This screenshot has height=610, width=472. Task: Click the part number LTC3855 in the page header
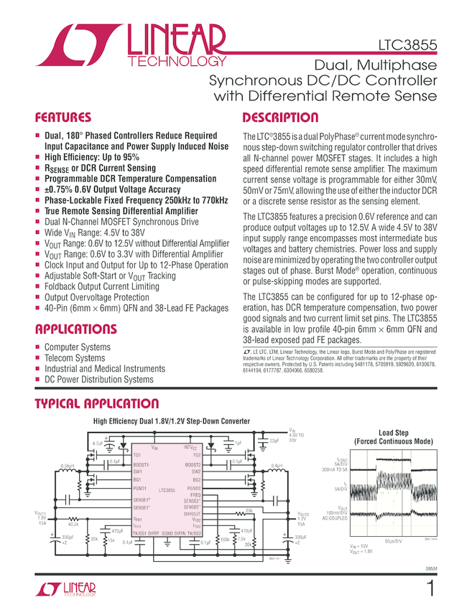[x=409, y=46]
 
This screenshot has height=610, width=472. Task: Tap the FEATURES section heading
[x=63, y=118]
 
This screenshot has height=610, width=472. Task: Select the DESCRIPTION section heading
[x=280, y=118]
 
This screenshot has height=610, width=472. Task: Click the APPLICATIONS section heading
[x=75, y=329]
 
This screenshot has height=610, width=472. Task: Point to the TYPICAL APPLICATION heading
[x=97, y=404]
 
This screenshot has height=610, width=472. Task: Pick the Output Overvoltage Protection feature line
[x=97, y=297]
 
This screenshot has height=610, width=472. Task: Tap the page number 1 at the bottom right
[x=430, y=590]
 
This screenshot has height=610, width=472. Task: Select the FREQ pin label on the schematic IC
[x=195, y=494]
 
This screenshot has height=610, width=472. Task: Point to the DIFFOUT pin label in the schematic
[x=192, y=514]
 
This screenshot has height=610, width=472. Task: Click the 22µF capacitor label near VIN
[x=273, y=441]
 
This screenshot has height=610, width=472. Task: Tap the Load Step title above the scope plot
[x=393, y=433]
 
